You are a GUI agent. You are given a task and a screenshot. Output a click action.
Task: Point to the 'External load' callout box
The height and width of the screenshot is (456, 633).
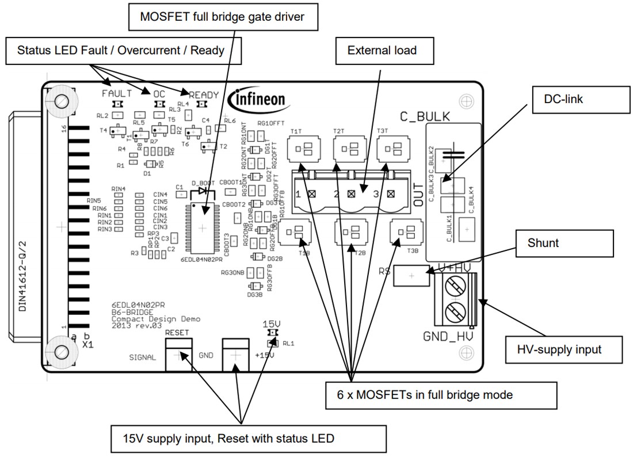click(x=382, y=51)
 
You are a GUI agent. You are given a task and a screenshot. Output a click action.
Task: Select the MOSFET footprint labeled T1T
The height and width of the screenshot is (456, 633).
click(x=298, y=151)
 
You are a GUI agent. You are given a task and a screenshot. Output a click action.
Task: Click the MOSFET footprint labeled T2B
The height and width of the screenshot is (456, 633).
click(x=350, y=233)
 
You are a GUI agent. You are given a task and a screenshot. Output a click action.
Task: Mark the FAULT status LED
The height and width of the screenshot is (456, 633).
click(x=117, y=104)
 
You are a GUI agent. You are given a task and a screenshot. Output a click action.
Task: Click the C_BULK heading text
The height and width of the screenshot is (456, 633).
click(x=425, y=117)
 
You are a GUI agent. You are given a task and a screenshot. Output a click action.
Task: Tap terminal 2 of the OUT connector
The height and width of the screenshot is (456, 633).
click(x=350, y=194)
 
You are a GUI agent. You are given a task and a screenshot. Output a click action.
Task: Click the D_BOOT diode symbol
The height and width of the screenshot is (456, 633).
click(x=203, y=191)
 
